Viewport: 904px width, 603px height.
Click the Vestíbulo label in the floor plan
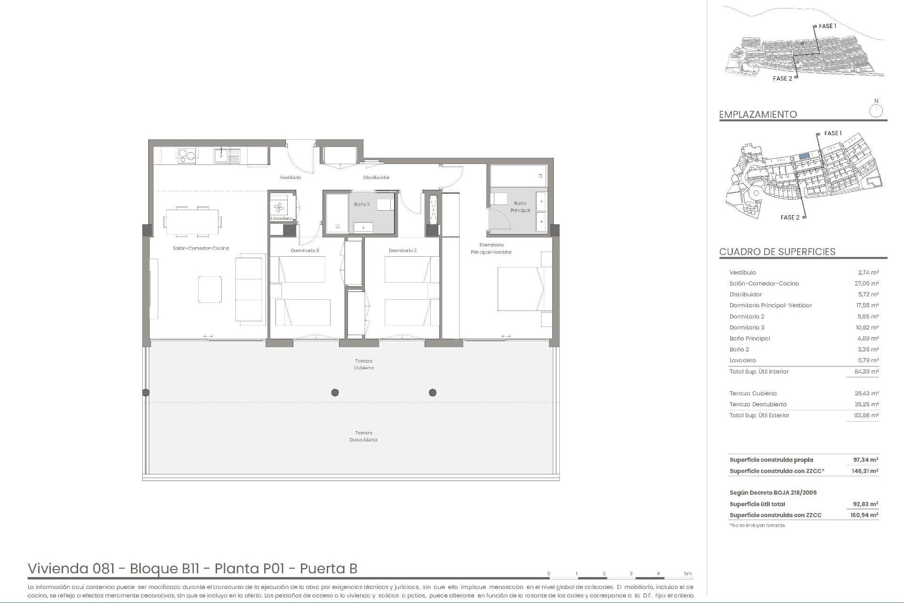290,178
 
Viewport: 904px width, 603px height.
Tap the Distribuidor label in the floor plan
376,178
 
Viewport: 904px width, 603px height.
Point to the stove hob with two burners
186,155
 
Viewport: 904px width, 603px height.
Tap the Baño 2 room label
362,204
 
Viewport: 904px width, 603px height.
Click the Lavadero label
281,219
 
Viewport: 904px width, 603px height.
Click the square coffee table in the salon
210,289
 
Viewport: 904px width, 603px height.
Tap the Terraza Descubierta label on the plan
363,436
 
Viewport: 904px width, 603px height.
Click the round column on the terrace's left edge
146,392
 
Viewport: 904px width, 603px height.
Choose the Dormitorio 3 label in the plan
305,251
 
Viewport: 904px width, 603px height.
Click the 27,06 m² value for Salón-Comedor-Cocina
868,284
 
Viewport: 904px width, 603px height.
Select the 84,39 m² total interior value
868,372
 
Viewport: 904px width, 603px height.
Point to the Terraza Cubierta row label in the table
753,393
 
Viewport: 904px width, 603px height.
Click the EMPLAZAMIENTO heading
758,114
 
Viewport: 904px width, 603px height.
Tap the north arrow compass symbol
876,110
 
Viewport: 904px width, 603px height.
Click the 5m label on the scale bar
688,574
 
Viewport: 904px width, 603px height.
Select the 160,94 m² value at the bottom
865,515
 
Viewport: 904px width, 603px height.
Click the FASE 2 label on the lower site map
790,217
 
